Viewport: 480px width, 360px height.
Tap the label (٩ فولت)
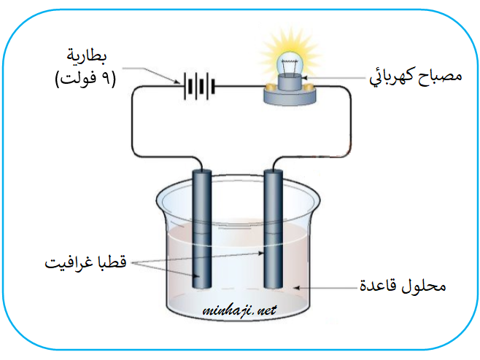(86, 79)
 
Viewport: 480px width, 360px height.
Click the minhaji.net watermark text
(239, 310)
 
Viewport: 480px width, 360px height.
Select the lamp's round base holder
(290, 90)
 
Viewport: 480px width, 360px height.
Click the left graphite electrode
(202, 226)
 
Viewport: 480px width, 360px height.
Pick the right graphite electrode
(274, 226)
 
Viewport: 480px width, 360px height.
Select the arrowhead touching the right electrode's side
(265, 253)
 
